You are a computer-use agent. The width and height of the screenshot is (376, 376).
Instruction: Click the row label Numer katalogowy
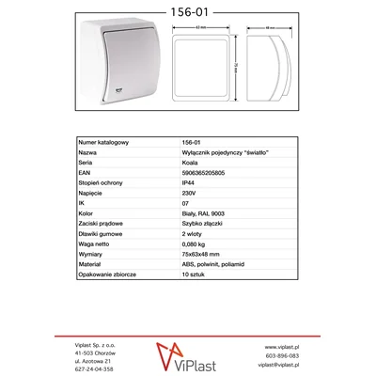click(103, 141)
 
